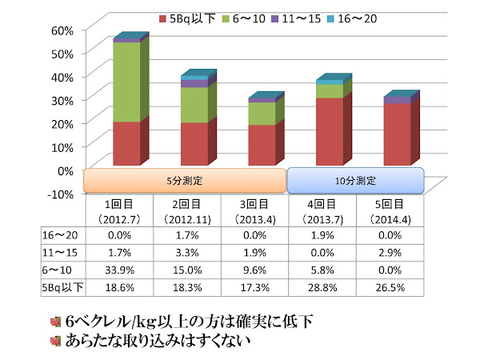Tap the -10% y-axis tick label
(62, 193)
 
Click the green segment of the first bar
(126, 82)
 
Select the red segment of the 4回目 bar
(329, 132)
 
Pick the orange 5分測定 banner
(185, 180)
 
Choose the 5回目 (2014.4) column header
(388, 212)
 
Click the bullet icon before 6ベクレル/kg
(55, 321)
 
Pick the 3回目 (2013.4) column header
(253, 212)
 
